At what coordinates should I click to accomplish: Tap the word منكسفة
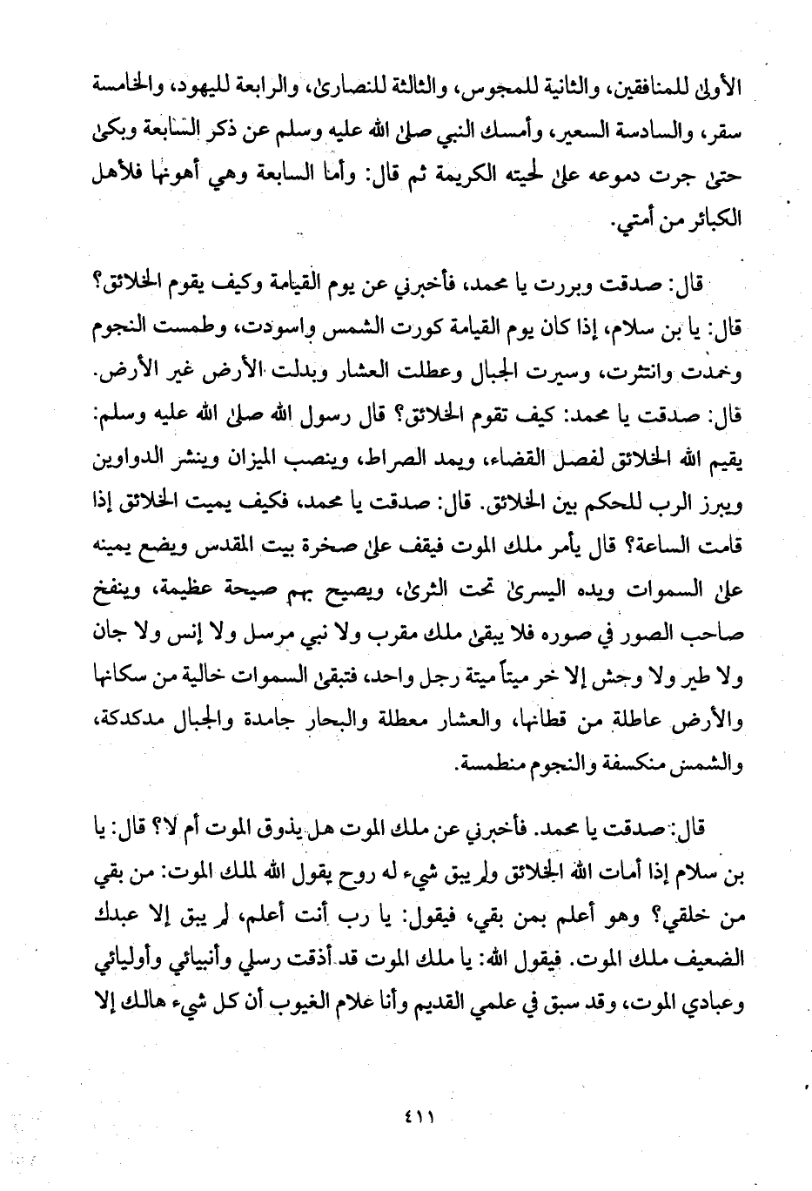[634, 767]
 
